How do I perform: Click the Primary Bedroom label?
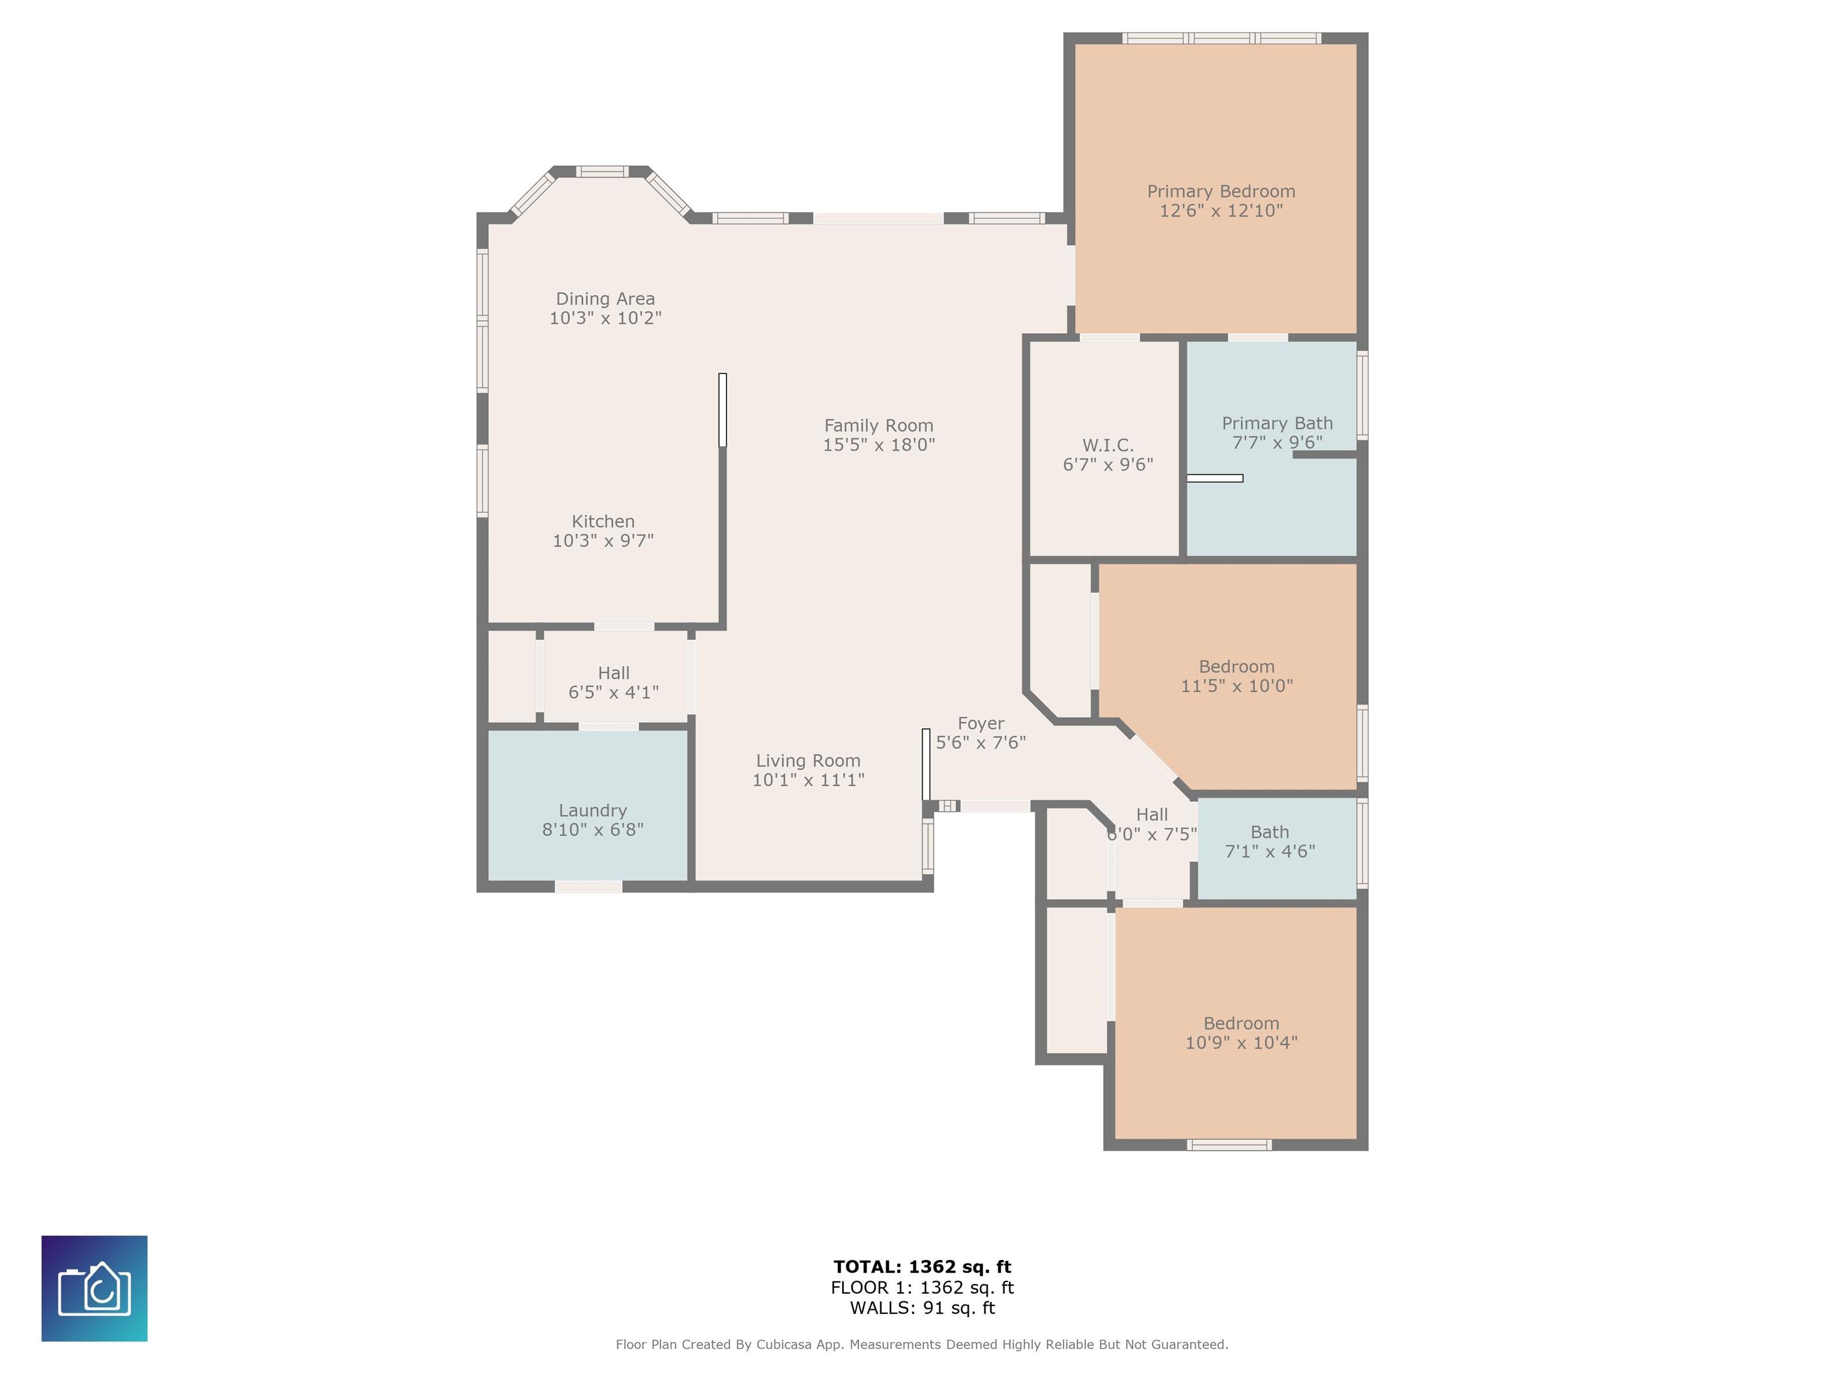1221,191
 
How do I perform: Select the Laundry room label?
593,811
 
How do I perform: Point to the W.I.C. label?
1107,446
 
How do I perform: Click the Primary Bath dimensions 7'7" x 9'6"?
1277,442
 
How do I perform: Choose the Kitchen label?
603,522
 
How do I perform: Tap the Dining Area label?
605,298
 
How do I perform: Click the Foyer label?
981,723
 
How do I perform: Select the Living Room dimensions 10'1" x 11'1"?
808,780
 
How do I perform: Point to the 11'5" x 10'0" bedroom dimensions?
1237,686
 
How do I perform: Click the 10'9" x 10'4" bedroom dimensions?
1241,1043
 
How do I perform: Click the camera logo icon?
94,1289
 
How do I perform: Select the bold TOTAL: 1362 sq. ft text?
922,1267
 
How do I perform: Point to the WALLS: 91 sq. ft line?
922,1308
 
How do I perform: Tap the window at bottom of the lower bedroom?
1229,1145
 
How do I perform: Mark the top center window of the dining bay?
602,172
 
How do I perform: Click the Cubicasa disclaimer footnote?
922,1345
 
